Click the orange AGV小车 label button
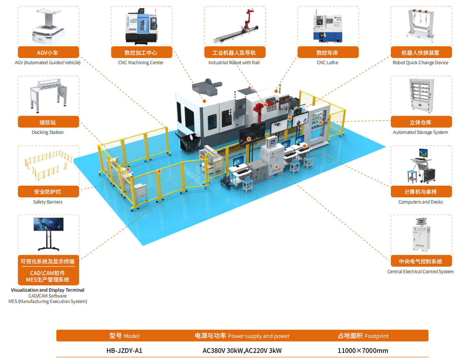click(48, 52)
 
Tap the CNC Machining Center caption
click(141, 63)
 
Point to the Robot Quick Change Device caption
click(420, 63)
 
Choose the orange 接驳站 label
click(48, 122)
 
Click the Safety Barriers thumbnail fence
click(48, 165)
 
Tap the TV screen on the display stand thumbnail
click(49, 224)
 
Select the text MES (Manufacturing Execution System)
click(48, 301)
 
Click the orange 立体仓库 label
click(421, 122)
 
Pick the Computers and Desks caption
click(420, 202)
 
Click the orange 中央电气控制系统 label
click(421, 261)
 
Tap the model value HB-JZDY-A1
click(124, 351)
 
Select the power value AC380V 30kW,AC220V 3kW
click(242, 351)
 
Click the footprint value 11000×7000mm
click(363, 351)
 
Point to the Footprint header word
click(377, 336)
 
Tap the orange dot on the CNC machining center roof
click(204, 101)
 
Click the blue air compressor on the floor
click(226, 182)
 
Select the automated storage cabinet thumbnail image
click(421, 96)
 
